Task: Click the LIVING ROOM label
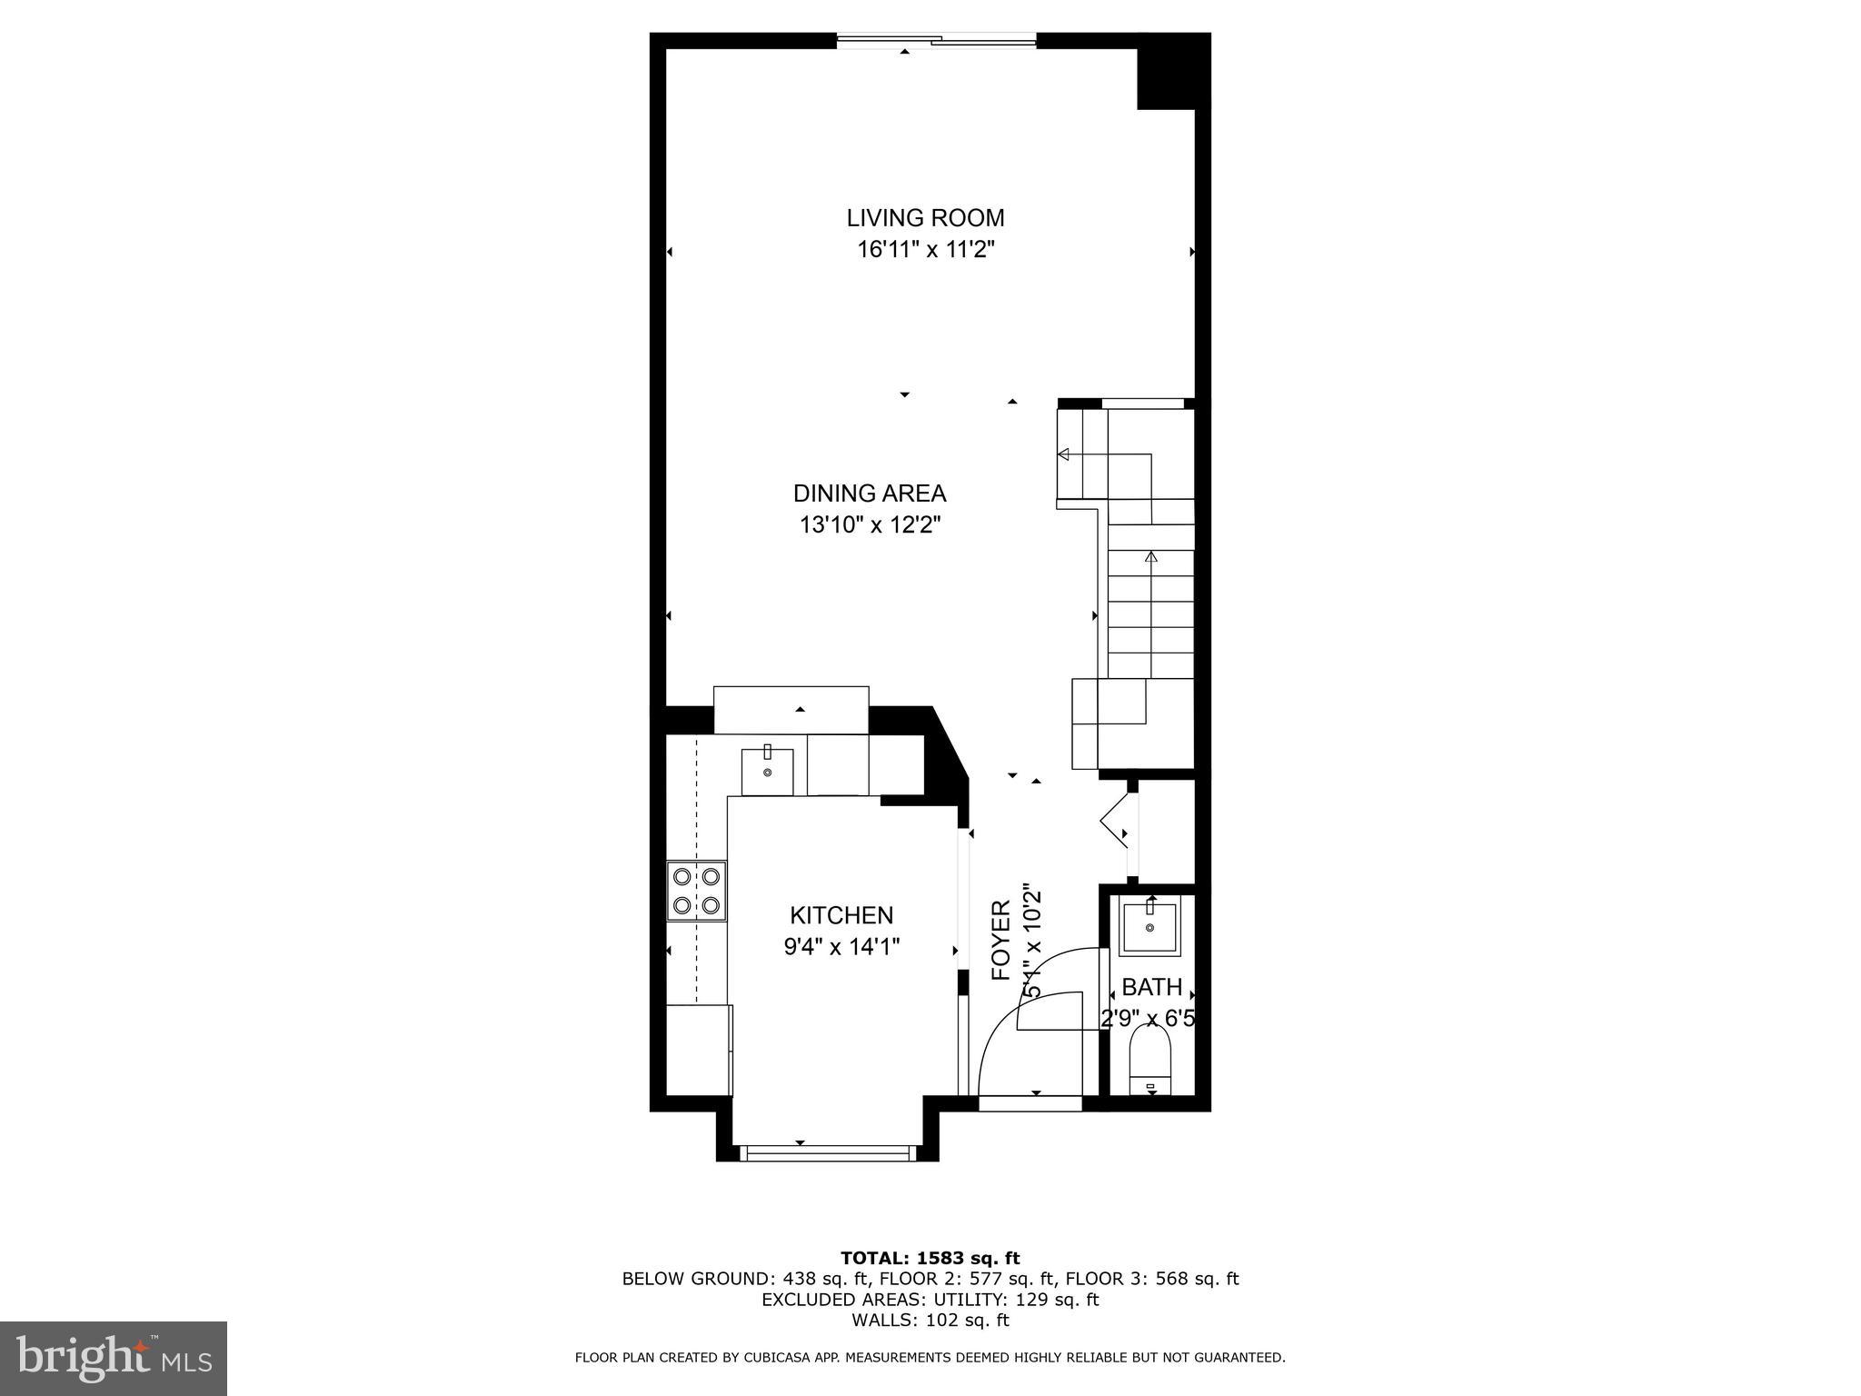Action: (925, 218)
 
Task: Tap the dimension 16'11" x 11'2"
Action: (925, 250)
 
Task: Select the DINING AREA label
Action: (870, 494)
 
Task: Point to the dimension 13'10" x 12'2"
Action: (870, 525)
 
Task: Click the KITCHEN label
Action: (841, 915)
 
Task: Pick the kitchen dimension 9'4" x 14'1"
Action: (841, 947)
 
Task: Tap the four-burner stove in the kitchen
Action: (697, 891)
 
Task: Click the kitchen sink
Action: (768, 772)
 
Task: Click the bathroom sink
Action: (1149, 928)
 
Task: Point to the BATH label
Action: (1151, 987)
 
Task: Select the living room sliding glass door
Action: (936, 39)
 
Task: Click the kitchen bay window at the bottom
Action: (826, 1153)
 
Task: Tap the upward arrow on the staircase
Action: (1152, 557)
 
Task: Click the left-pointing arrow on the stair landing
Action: (1063, 454)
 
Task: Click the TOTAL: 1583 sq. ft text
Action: (930, 1258)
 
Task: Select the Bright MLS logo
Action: (114, 1358)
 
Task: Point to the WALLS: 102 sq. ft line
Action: (930, 1321)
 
